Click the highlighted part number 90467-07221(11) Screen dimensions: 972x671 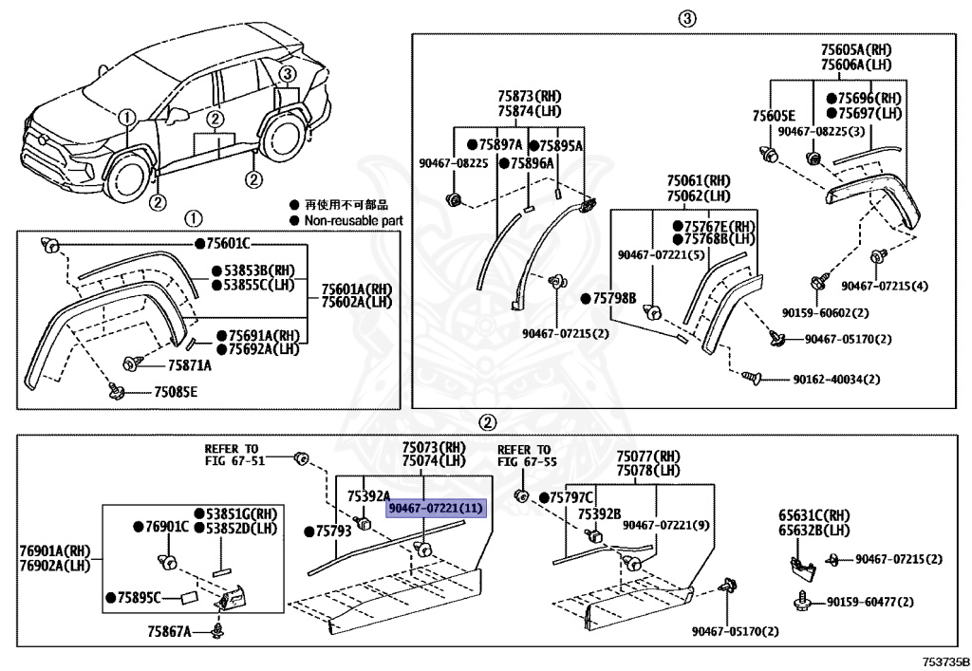pyautogui.click(x=435, y=509)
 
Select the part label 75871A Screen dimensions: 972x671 pyautogui.click(x=189, y=365)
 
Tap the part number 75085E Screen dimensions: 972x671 pyautogui.click(x=176, y=392)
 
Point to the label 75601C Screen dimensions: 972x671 pyautogui.click(x=228, y=244)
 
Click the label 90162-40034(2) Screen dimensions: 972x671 pyautogui.click(x=836, y=380)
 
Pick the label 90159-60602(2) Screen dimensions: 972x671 pyautogui.click(x=825, y=313)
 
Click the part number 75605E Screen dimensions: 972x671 pyautogui.click(x=774, y=116)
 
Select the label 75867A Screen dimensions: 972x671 pyautogui.click(x=169, y=631)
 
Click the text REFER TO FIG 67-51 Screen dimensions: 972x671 pyautogui.click(x=234, y=455)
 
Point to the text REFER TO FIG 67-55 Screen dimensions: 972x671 pyautogui.click(x=527, y=456)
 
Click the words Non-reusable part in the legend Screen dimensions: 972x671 pyautogui.click(x=353, y=220)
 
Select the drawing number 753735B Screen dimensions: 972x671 pyautogui.click(x=946, y=662)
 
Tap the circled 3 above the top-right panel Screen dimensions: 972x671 pyautogui.click(x=686, y=19)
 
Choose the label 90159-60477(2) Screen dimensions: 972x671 pyautogui.click(x=870, y=602)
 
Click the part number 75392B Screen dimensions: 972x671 pyautogui.click(x=600, y=514)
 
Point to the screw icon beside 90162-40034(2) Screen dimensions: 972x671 pyautogui.click(x=751, y=377)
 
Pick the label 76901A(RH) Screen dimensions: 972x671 pyautogui.click(x=54, y=550)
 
